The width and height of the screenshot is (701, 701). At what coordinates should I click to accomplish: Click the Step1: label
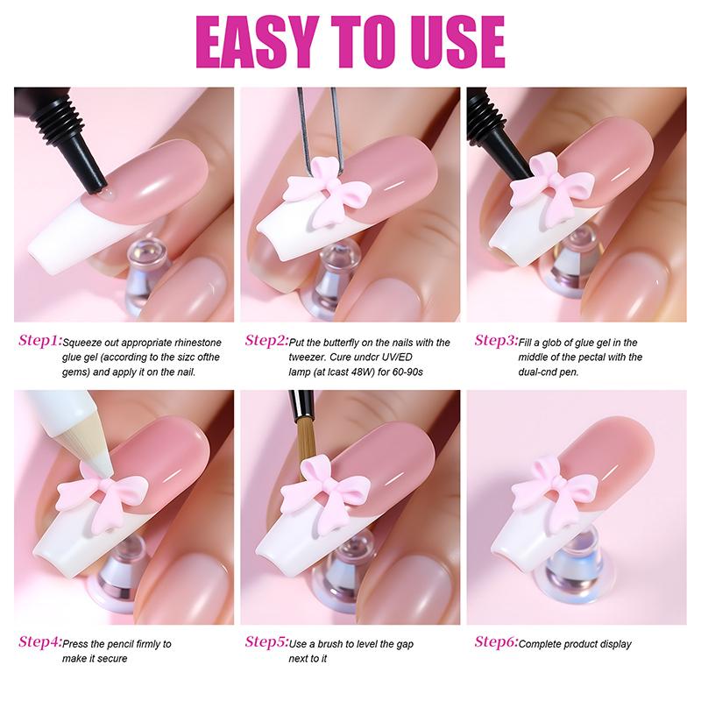[x=40, y=341]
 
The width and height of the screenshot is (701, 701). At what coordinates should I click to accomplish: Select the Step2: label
[x=267, y=341]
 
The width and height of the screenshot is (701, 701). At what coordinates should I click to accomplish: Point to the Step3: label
[x=496, y=341]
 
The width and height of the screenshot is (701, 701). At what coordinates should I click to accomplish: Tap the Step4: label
[x=40, y=642]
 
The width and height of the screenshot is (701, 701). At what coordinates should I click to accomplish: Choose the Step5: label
[x=267, y=642]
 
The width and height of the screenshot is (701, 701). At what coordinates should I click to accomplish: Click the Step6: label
[x=496, y=642]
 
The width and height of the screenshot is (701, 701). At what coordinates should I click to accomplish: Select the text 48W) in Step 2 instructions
[x=361, y=372]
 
